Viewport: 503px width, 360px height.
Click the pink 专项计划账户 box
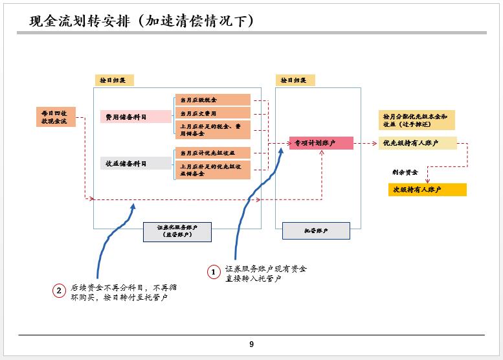point(321,143)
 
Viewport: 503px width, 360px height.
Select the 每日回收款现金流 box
point(55,117)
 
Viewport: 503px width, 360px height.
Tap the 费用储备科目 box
point(135,117)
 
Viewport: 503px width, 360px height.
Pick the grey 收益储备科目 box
point(135,163)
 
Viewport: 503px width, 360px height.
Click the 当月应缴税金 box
point(212,100)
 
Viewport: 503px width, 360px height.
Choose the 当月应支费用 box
point(212,113)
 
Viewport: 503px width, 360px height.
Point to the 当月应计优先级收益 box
point(212,153)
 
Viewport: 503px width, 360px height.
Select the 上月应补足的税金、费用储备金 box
point(212,129)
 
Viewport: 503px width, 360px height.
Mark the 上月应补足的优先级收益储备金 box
point(212,170)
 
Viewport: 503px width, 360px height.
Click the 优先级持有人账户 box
point(418,143)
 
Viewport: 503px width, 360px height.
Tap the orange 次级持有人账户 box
point(427,190)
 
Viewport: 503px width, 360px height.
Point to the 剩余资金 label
point(405,173)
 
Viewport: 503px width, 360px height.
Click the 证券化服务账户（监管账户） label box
point(178,231)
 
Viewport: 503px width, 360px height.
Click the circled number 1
point(214,273)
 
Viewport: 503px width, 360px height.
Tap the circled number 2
point(59,291)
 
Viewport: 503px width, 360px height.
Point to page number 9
point(251,344)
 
